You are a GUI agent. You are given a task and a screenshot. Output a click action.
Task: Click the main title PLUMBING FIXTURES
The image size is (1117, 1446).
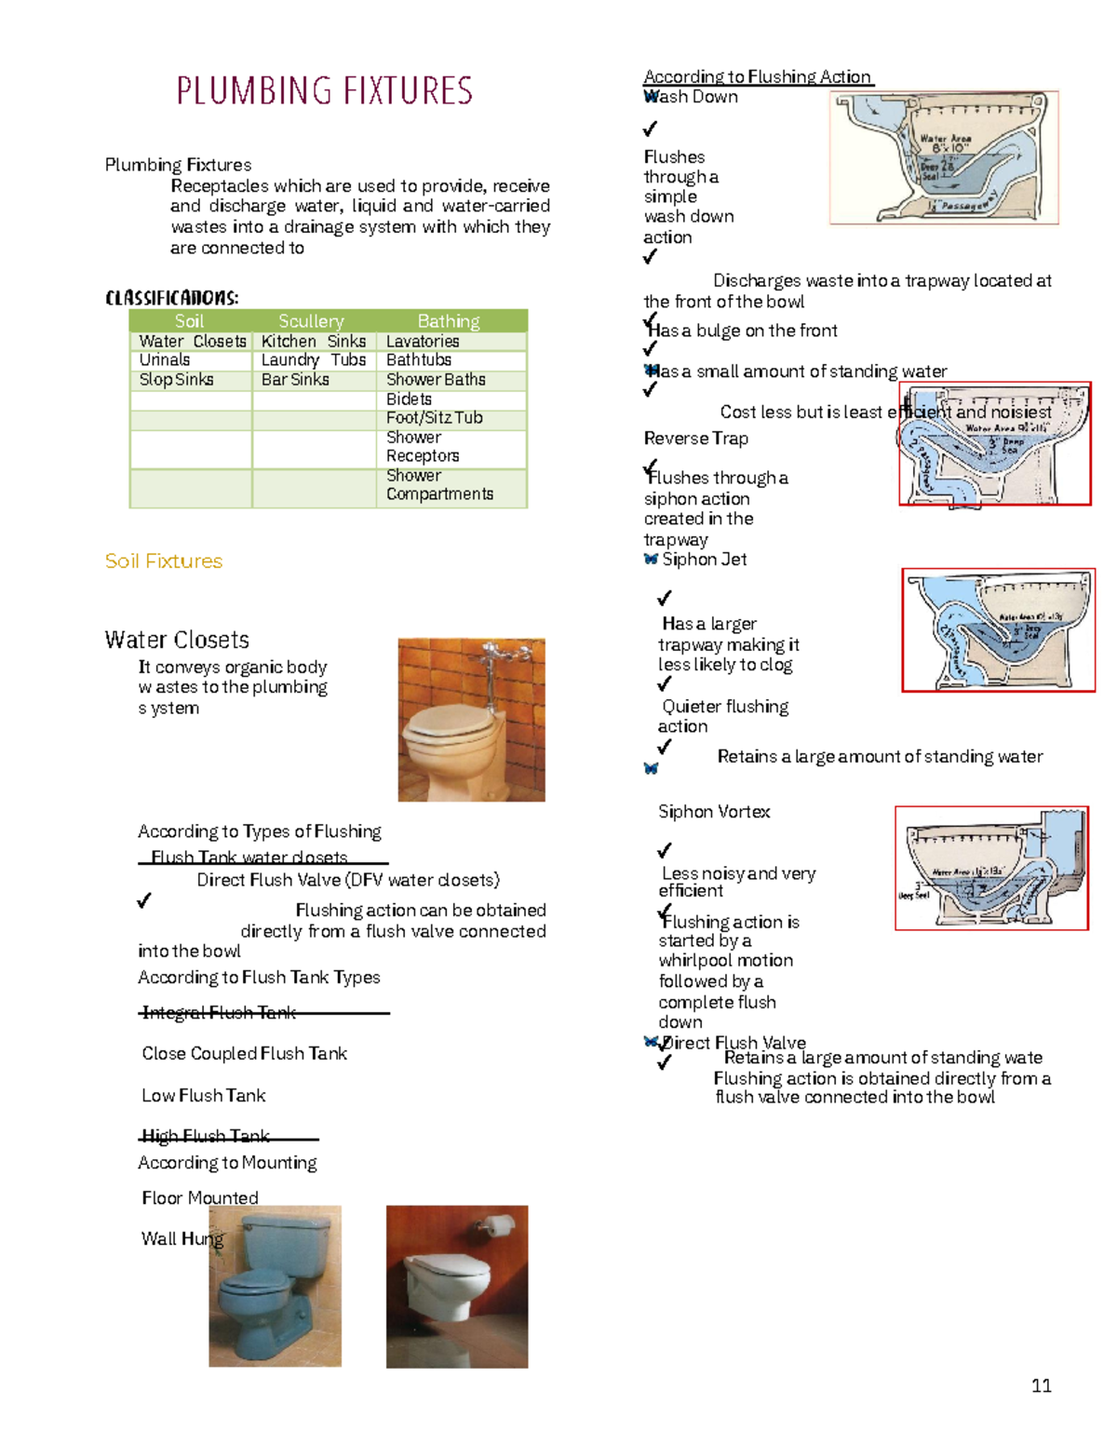click(324, 91)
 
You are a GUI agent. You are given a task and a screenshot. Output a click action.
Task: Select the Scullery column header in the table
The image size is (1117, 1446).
click(311, 321)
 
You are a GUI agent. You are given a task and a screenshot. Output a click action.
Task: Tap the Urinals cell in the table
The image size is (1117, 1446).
click(165, 360)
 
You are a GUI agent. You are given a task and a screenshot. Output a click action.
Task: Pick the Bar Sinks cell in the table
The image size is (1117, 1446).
click(295, 380)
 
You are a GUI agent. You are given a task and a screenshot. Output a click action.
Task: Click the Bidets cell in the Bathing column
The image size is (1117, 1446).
click(409, 399)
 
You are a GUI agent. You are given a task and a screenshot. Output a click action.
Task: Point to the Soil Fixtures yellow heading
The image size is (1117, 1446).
click(164, 561)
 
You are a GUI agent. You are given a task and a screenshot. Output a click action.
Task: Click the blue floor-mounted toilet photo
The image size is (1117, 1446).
click(275, 1287)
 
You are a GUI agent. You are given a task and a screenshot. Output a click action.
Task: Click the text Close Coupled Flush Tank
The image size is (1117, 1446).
click(244, 1054)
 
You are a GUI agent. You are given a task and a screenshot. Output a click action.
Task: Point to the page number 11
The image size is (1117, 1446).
click(1042, 1386)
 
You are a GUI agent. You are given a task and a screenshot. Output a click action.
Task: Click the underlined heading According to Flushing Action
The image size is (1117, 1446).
click(757, 77)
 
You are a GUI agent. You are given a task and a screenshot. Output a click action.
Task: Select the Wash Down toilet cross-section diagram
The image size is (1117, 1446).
click(943, 158)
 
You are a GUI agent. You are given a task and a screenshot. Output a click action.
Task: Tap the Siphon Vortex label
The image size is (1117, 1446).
click(714, 812)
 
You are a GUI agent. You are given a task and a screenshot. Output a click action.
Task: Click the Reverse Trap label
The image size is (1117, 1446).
click(696, 439)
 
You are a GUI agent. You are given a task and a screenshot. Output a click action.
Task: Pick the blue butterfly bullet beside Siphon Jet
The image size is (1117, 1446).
click(651, 560)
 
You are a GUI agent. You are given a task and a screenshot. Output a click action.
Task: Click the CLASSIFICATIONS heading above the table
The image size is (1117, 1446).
click(172, 298)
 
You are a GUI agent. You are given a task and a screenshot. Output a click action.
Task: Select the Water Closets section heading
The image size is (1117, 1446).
click(177, 641)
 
